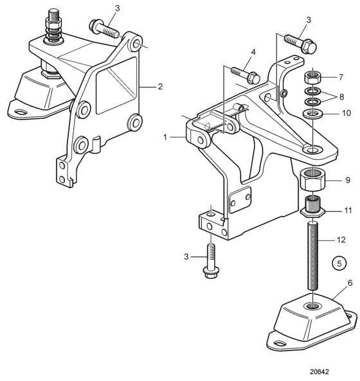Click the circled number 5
339,263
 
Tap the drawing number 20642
319,372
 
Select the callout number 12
341,240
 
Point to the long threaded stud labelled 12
312,255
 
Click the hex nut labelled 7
312,78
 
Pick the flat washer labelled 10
312,113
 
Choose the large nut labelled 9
312,180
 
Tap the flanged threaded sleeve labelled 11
312,206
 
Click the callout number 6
350,283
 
